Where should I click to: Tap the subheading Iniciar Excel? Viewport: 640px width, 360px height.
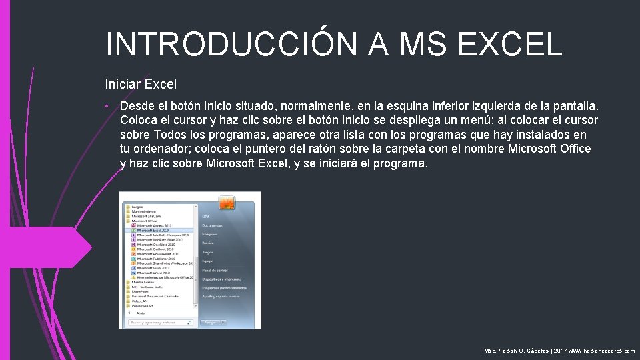[141, 84]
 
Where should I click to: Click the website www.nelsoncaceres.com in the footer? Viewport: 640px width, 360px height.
[602, 351]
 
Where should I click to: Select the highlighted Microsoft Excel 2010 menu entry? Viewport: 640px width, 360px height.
[155, 231]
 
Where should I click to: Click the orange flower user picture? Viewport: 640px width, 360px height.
[227, 203]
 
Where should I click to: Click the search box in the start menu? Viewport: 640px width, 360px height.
[160, 323]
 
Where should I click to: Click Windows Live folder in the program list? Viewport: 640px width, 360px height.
[143, 306]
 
